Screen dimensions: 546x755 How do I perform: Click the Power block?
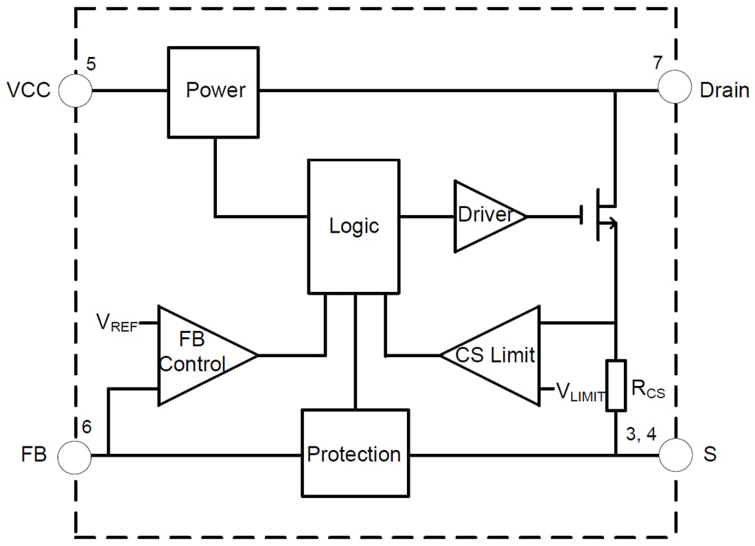click(x=215, y=91)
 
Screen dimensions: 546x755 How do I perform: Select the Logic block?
click(x=353, y=226)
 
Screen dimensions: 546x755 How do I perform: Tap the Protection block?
click(x=354, y=453)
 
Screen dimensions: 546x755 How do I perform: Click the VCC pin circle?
click(x=75, y=91)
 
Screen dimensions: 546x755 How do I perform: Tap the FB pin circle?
click(x=74, y=455)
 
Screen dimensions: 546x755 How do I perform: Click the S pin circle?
click(x=675, y=455)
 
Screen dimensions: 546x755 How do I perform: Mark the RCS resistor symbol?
click(x=616, y=385)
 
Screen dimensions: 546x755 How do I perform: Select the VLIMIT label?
click(x=580, y=393)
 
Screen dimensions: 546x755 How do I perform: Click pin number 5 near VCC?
click(x=91, y=65)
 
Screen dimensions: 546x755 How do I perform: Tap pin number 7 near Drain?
click(x=658, y=64)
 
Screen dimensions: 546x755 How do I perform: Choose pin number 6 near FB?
click(x=86, y=426)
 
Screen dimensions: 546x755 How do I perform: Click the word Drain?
click(x=724, y=91)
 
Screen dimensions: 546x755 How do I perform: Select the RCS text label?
click(x=648, y=390)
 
